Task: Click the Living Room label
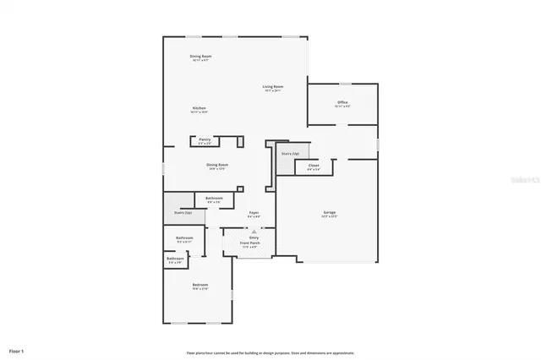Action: [272, 87]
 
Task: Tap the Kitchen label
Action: [199, 108]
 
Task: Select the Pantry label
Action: [205, 139]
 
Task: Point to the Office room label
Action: [342, 102]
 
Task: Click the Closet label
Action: [313, 165]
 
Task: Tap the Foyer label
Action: [254, 212]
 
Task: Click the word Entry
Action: [254, 238]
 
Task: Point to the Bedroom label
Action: [199, 285]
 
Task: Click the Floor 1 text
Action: [16, 349]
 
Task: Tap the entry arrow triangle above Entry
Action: [254, 232]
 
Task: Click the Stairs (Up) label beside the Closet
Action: [288, 154]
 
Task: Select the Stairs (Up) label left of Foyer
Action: [183, 213]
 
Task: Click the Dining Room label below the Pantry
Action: [218, 165]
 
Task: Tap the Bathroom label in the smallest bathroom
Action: [175, 259]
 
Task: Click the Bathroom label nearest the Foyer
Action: [213, 199]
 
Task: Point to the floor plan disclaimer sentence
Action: [270, 352]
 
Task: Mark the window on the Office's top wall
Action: [345, 84]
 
